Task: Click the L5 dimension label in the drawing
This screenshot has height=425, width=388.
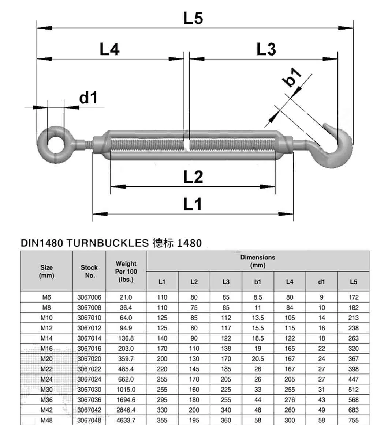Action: pos(193,18)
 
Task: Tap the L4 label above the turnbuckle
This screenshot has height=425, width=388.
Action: pos(109,49)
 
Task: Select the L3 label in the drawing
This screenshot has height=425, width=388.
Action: pos(266,49)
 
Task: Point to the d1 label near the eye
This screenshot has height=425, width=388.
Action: pos(88,98)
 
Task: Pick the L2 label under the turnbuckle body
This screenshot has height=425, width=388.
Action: pos(193,177)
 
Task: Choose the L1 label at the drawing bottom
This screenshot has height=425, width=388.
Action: pos(193,204)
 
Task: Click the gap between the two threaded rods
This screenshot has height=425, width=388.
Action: pos(187,144)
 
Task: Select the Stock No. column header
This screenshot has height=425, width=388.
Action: pos(89,271)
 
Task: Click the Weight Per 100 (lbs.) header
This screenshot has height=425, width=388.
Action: pos(126,271)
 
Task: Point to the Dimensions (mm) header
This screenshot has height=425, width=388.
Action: pos(258,261)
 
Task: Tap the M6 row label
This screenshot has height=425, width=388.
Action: pos(46,297)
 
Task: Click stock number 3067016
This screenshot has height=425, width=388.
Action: pos(89,348)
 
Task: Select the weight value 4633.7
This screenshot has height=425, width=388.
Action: pos(126,420)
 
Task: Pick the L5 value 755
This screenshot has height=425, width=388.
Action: pos(353,420)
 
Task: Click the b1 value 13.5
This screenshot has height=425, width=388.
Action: pos(258,318)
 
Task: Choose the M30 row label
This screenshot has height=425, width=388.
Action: pos(46,390)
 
